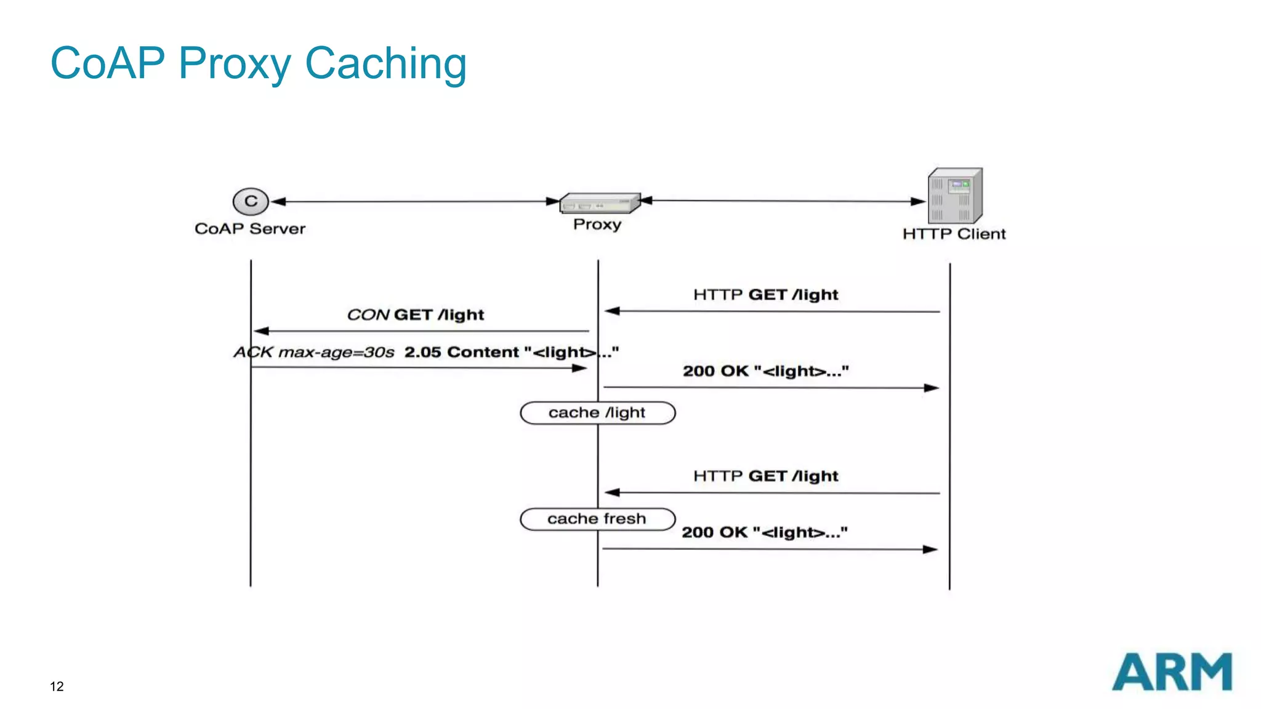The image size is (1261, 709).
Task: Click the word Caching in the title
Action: click(x=385, y=63)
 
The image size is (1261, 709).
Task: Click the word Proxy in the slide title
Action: click(x=235, y=63)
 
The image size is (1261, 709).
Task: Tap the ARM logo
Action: click(x=1172, y=672)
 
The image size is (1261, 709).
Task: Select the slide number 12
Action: click(x=57, y=686)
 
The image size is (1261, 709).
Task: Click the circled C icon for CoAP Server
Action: click(x=251, y=201)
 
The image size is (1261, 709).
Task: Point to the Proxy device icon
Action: click(x=599, y=203)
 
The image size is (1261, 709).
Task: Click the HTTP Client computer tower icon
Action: click(x=955, y=196)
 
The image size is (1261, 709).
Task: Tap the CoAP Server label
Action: click(x=250, y=229)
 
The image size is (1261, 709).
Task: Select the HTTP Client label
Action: click(x=954, y=234)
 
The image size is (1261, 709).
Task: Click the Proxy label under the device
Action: click(x=597, y=224)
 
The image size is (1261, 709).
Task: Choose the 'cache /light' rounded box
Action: click(x=597, y=413)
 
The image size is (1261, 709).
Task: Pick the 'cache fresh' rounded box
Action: click(x=597, y=519)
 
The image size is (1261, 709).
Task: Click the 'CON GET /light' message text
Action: click(x=416, y=315)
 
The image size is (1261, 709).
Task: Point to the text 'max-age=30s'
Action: click(x=336, y=353)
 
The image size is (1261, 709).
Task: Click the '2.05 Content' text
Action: click(x=461, y=353)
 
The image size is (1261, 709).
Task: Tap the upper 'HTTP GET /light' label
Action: click(x=765, y=295)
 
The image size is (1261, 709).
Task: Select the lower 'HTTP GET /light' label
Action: click(x=765, y=476)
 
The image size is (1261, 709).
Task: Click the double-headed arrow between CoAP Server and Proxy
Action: click(x=416, y=201)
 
